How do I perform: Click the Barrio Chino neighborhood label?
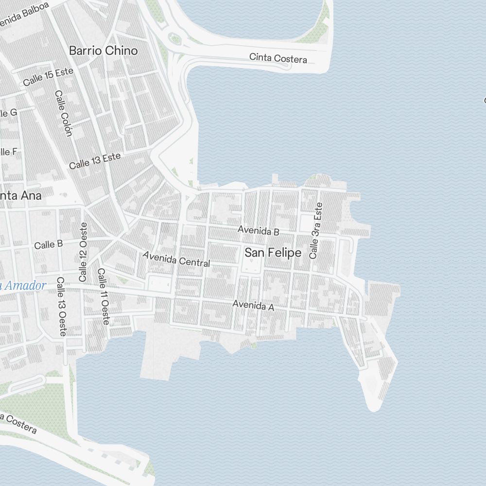103,51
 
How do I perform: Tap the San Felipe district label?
273,253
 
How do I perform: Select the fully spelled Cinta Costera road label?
278,58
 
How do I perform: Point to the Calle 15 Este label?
48,77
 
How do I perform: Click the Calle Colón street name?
64,113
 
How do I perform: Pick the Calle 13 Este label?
94,161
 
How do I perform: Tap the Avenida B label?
258,230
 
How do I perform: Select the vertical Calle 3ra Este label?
316,230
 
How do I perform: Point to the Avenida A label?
253,305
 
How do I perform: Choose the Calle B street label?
48,244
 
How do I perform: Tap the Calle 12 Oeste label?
83,252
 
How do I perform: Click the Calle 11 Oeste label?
104,296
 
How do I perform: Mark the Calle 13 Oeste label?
62,306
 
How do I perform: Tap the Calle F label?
8,152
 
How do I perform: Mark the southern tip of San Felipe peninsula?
373,407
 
